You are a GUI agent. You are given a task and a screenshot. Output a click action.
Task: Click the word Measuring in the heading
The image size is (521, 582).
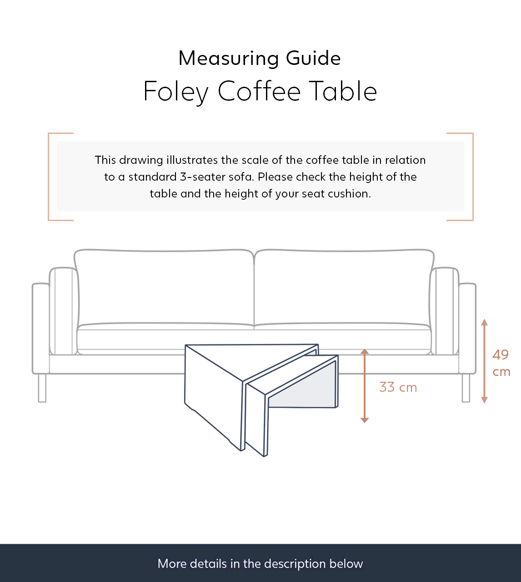point(229,59)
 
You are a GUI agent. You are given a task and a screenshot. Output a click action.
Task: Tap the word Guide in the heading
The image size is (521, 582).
point(313,59)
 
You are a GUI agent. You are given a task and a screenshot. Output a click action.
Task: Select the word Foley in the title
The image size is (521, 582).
point(175,92)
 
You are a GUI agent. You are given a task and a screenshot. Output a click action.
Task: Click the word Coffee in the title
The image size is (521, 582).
point(259,91)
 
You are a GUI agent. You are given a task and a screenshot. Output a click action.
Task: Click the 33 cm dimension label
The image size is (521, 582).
point(398,387)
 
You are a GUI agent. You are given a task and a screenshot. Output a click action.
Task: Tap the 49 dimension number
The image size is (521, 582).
point(501,355)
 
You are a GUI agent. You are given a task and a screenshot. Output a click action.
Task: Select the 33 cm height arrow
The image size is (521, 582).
point(364,386)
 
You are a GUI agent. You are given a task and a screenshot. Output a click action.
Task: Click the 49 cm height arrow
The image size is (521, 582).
point(484,361)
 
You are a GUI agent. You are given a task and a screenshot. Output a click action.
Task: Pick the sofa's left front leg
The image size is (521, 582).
point(42,388)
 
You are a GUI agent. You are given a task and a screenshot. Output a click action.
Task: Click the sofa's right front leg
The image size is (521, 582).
point(466,388)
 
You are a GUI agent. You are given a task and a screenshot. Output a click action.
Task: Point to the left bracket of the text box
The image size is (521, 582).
point(49,177)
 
